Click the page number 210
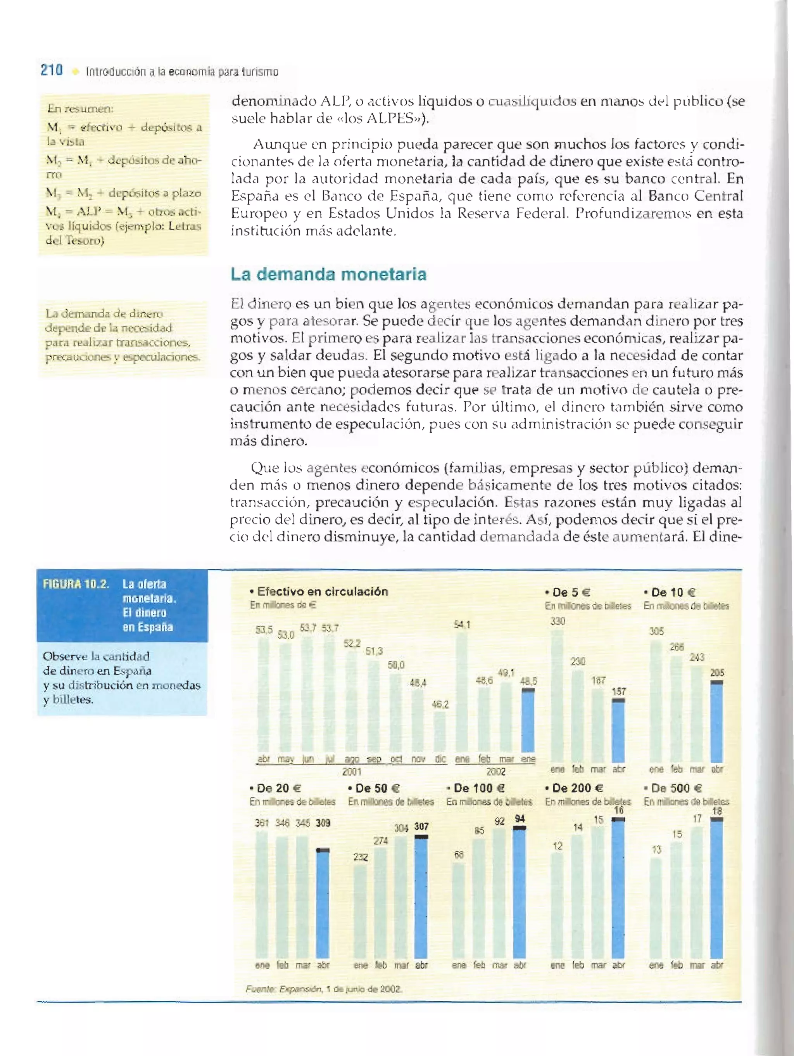coord(52,71)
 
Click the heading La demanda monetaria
coord(328,275)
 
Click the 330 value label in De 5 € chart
coord(558,621)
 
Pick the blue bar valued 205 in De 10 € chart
coord(717,722)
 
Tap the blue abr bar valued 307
coord(421,897)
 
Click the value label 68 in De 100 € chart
coord(459,855)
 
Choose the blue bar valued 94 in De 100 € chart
coord(520,893)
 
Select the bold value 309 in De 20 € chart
coord(323,823)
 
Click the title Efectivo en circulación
coord(323,592)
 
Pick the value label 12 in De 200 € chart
coord(558,846)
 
